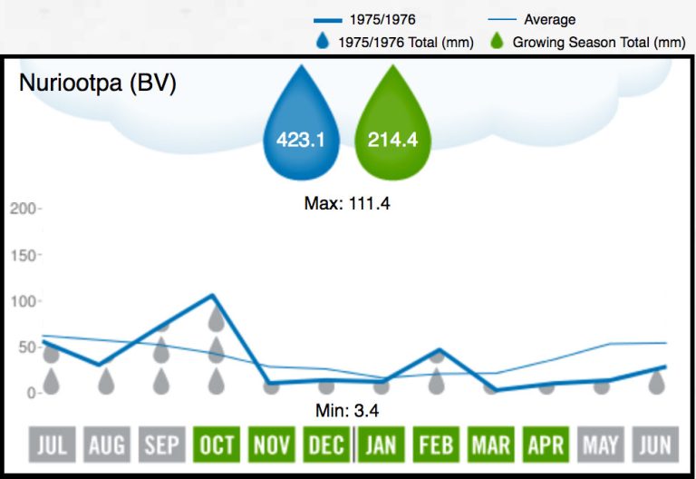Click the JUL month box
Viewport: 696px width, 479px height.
(x=51, y=445)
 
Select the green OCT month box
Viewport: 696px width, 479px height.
(x=216, y=445)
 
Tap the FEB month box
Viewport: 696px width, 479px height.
(x=437, y=445)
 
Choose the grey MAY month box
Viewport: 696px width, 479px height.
(x=602, y=445)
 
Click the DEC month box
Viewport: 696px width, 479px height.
(x=326, y=445)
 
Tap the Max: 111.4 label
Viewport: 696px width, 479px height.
(x=347, y=204)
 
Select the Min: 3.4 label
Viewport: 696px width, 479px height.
(x=347, y=411)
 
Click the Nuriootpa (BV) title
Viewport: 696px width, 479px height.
(x=98, y=83)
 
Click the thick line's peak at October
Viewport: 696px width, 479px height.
(x=213, y=295)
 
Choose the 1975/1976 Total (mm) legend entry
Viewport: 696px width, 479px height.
(x=393, y=42)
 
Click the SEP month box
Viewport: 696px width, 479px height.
(x=161, y=445)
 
